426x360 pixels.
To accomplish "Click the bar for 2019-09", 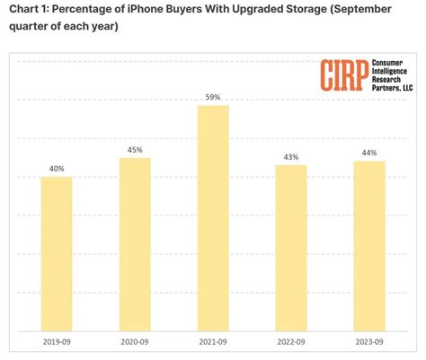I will click(57, 253).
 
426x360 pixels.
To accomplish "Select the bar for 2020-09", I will click(135, 243).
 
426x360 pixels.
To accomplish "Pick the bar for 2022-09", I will click(291, 247).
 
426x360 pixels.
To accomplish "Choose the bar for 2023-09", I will click(369, 245).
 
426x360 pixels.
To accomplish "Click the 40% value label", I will click(57, 168).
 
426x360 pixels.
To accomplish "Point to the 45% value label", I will click(135, 149).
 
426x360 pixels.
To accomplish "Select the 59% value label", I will click(213, 97).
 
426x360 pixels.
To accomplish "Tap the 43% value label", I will click(291, 157).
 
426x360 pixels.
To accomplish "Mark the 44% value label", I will click(369, 153).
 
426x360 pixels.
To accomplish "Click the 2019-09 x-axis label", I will click(57, 341).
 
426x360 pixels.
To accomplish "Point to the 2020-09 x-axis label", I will click(135, 341).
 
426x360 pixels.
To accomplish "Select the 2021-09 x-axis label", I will click(213, 341).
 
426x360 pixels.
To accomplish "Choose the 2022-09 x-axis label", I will click(291, 341).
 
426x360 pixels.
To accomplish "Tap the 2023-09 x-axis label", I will click(369, 341).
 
